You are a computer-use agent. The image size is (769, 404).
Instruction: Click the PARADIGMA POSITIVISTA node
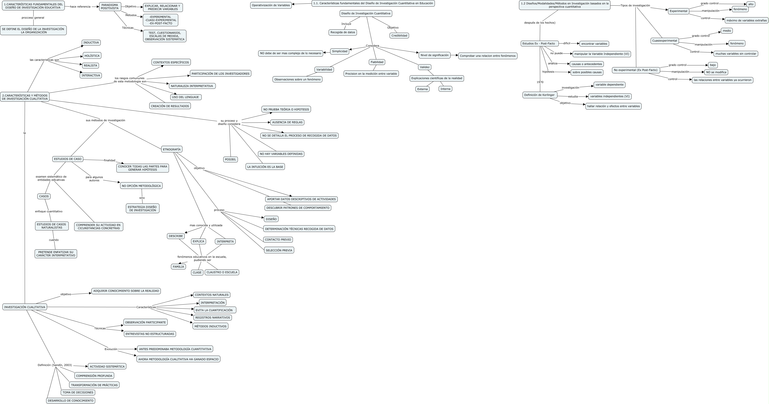tap(110, 7)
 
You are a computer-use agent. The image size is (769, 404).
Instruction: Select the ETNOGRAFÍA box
tap(172, 149)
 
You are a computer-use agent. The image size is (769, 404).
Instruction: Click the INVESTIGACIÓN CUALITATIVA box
tap(25, 307)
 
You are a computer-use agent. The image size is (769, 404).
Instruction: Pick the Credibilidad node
tap(399, 36)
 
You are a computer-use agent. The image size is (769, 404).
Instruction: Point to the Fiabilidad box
tap(377, 62)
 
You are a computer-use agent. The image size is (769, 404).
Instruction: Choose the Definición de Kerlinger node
tap(540, 95)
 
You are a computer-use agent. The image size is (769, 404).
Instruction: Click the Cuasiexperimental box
tap(665, 41)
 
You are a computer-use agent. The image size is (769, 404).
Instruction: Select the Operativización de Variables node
tap(271, 5)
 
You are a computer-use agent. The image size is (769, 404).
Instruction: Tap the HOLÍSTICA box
tap(92, 55)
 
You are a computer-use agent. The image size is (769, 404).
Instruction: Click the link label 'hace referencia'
tap(80, 7)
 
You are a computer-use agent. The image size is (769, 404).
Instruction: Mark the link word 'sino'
tap(142, 198)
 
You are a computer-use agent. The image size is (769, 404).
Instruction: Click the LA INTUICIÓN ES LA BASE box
tap(265, 167)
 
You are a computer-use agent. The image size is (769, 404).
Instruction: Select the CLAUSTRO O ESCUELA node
tap(222, 272)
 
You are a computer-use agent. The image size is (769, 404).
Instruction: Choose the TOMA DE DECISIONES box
tap(78, 392)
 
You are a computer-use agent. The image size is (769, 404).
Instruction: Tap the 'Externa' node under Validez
tap(422, 89)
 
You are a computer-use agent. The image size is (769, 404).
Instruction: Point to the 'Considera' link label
tap(372, 46)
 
